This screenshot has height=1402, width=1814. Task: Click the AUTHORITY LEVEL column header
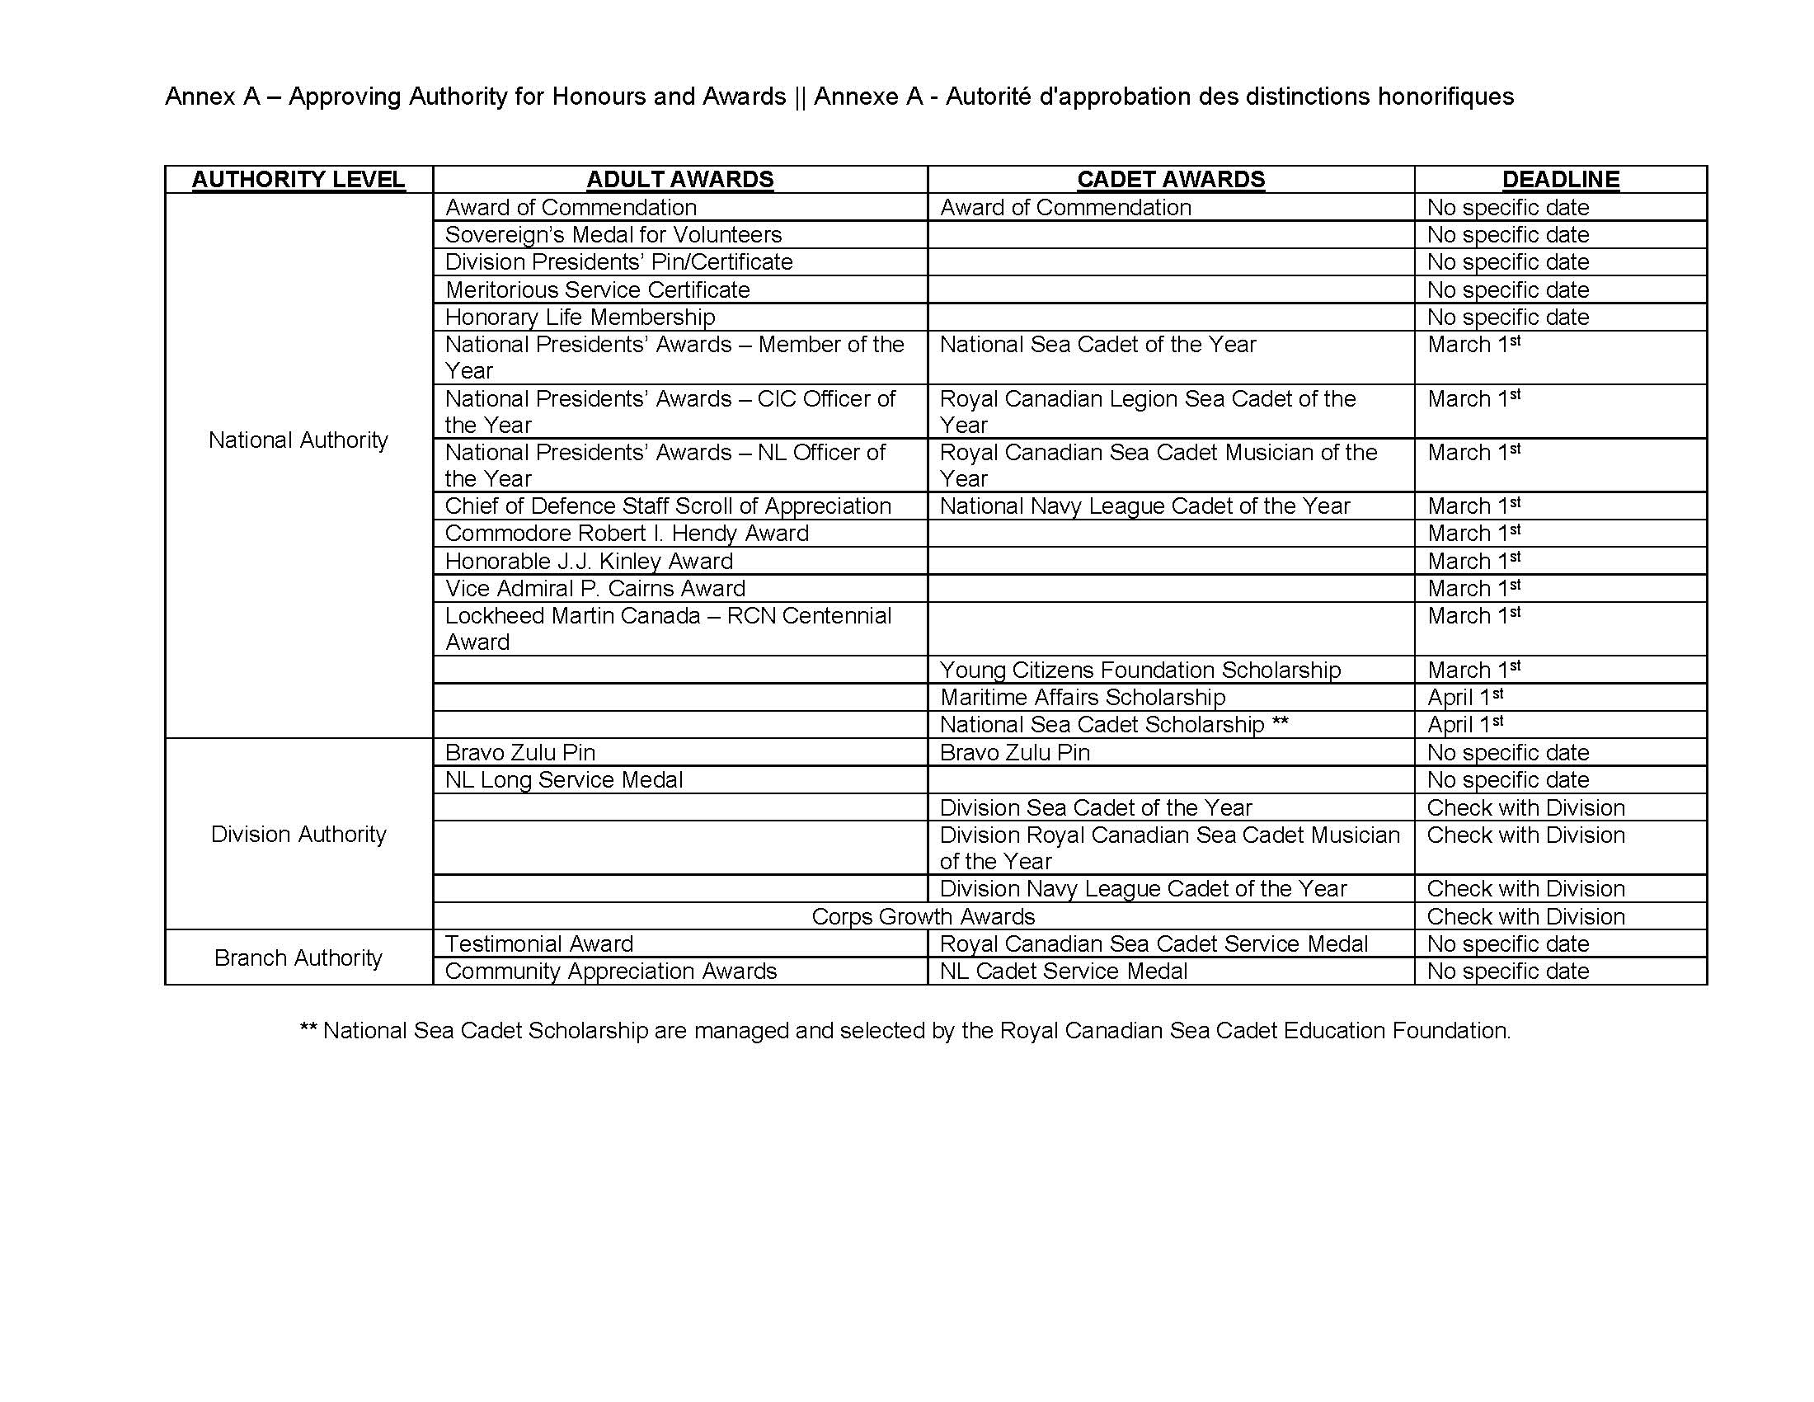298,180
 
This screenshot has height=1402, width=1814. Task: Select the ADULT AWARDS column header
679,180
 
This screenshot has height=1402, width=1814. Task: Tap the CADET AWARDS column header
1170,180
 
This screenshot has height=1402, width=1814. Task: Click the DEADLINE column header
1561,180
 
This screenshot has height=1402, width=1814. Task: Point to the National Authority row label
298,440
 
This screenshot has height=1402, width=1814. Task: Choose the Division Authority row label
298,834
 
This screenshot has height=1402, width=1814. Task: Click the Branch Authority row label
298,957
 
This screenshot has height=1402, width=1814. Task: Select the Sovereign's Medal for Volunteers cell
613,234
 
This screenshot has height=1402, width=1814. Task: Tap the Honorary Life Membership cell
580,317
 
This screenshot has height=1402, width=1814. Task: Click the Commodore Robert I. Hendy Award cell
627,534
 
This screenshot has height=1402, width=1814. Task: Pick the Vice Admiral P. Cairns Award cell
594,588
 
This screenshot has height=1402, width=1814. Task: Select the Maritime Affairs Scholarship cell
1083,697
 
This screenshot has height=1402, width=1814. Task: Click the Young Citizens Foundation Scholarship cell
1140,670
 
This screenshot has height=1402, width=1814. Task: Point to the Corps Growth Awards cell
923,916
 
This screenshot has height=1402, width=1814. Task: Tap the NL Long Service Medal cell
564,779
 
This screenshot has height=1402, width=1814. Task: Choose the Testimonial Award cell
539,943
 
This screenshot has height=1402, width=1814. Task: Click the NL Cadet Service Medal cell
1063,971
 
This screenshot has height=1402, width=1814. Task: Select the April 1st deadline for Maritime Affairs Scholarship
1465,697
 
